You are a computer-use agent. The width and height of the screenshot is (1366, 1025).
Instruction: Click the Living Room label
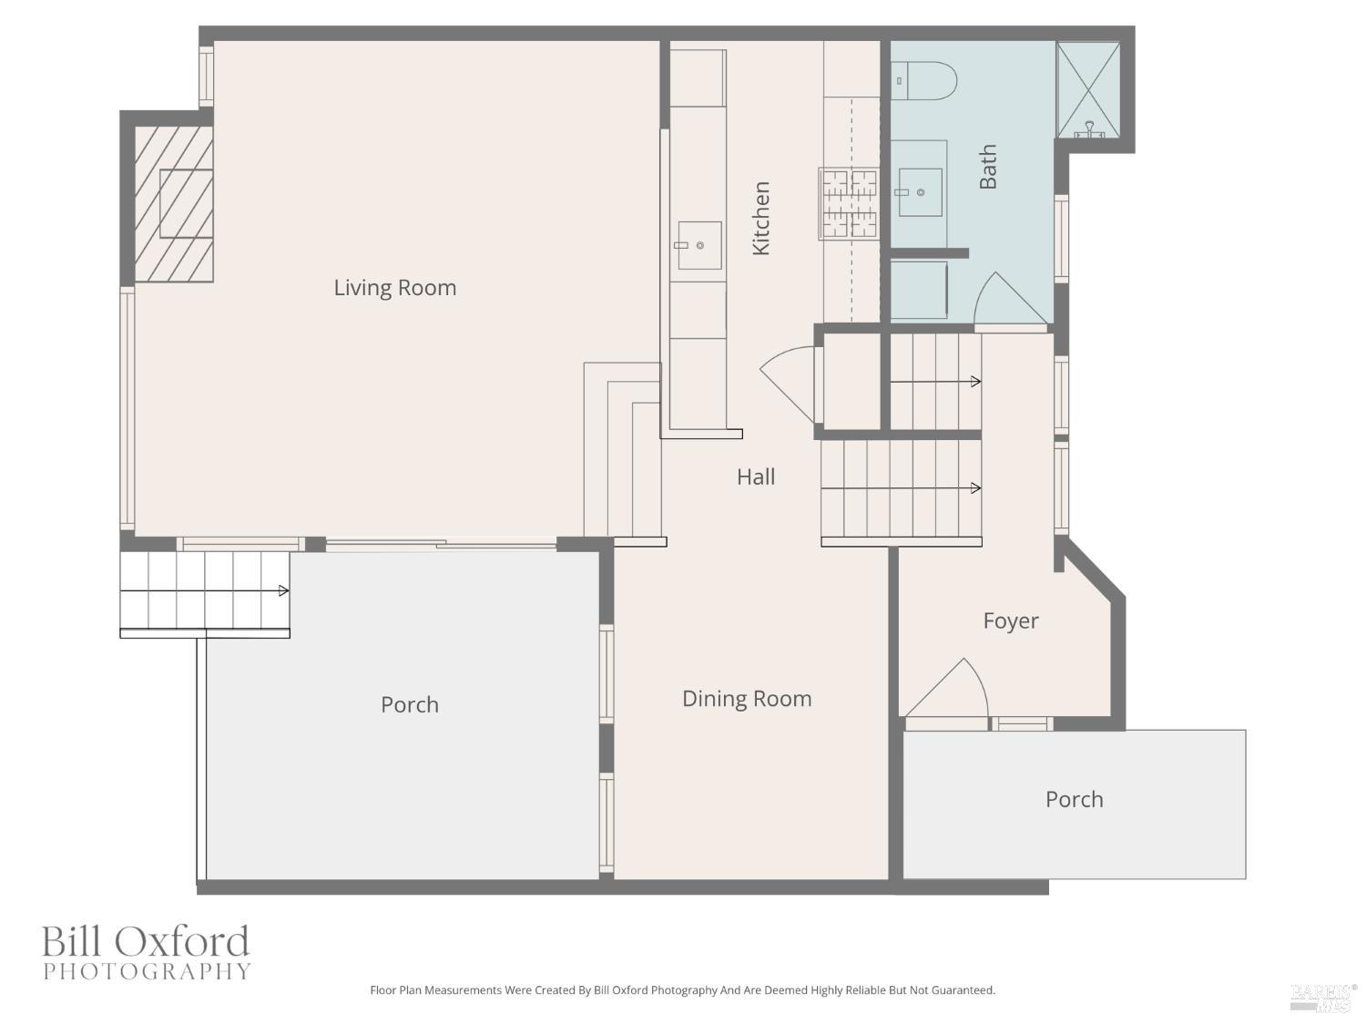[x=394, y=288]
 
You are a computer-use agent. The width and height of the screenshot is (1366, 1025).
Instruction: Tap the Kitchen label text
[x=761, y=219]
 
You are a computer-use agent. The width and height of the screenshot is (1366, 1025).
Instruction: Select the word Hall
[x=756, y=477]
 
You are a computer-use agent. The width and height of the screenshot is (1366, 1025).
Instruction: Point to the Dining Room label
[x=747, y=699]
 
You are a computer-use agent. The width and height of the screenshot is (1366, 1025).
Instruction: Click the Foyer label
[x=1011, y=621]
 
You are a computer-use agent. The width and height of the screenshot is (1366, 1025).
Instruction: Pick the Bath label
[x=988, y=167]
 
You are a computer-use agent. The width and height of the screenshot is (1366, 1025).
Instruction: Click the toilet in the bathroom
[x=923, y=81]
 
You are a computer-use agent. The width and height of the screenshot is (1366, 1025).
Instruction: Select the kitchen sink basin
[x=699, y=246]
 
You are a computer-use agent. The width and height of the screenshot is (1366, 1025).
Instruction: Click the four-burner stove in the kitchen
[x=849, y=203]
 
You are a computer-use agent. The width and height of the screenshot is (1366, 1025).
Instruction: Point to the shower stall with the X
[x=1088, y=89]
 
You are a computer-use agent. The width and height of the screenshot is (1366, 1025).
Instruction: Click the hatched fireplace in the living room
[x=174, y=203]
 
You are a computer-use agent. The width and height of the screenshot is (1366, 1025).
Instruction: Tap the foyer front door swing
[x=946, y=688]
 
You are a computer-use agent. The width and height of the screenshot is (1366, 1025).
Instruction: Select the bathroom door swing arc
[x=1009, y=298]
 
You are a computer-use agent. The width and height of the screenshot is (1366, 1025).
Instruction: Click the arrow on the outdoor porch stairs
[x=204, y=590]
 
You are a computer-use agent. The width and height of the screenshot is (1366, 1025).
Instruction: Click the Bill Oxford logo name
[x=146, y=941]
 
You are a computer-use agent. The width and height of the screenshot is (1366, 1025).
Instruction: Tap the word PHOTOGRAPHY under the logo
[x=147, y=971]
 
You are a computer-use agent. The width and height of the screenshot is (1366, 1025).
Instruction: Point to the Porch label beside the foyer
[x=1074, y=800]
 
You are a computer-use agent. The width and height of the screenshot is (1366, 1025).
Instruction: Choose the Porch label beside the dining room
[x=410, y=705]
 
